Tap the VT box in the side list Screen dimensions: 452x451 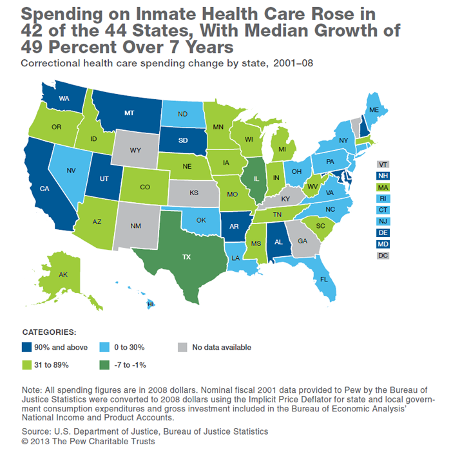[384, 164]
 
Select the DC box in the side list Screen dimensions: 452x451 [384, 256]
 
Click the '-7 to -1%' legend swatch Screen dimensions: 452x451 [106, 365]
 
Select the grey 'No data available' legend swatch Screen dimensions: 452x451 [182, 348]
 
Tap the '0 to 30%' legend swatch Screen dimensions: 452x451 [106, 348]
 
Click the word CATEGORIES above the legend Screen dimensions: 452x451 [49, 332]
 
